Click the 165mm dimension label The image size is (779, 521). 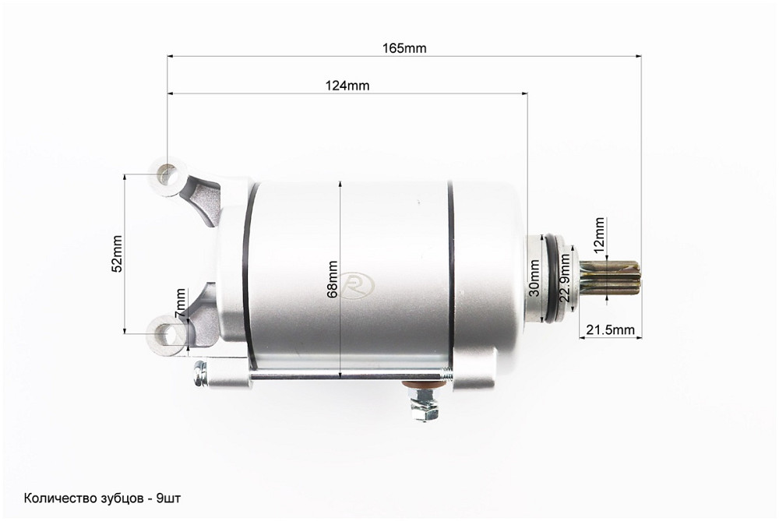point(404,48)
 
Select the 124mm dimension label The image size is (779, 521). point(347,86)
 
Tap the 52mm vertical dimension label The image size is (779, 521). point(118,253)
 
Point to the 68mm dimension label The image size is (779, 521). point(333,279)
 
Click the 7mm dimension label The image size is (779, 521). point(181,304)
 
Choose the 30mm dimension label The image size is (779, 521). point(534,278)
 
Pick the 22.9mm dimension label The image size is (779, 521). point(564,279)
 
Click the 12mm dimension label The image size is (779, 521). point(599,234)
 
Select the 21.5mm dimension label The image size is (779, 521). point(610,329)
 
